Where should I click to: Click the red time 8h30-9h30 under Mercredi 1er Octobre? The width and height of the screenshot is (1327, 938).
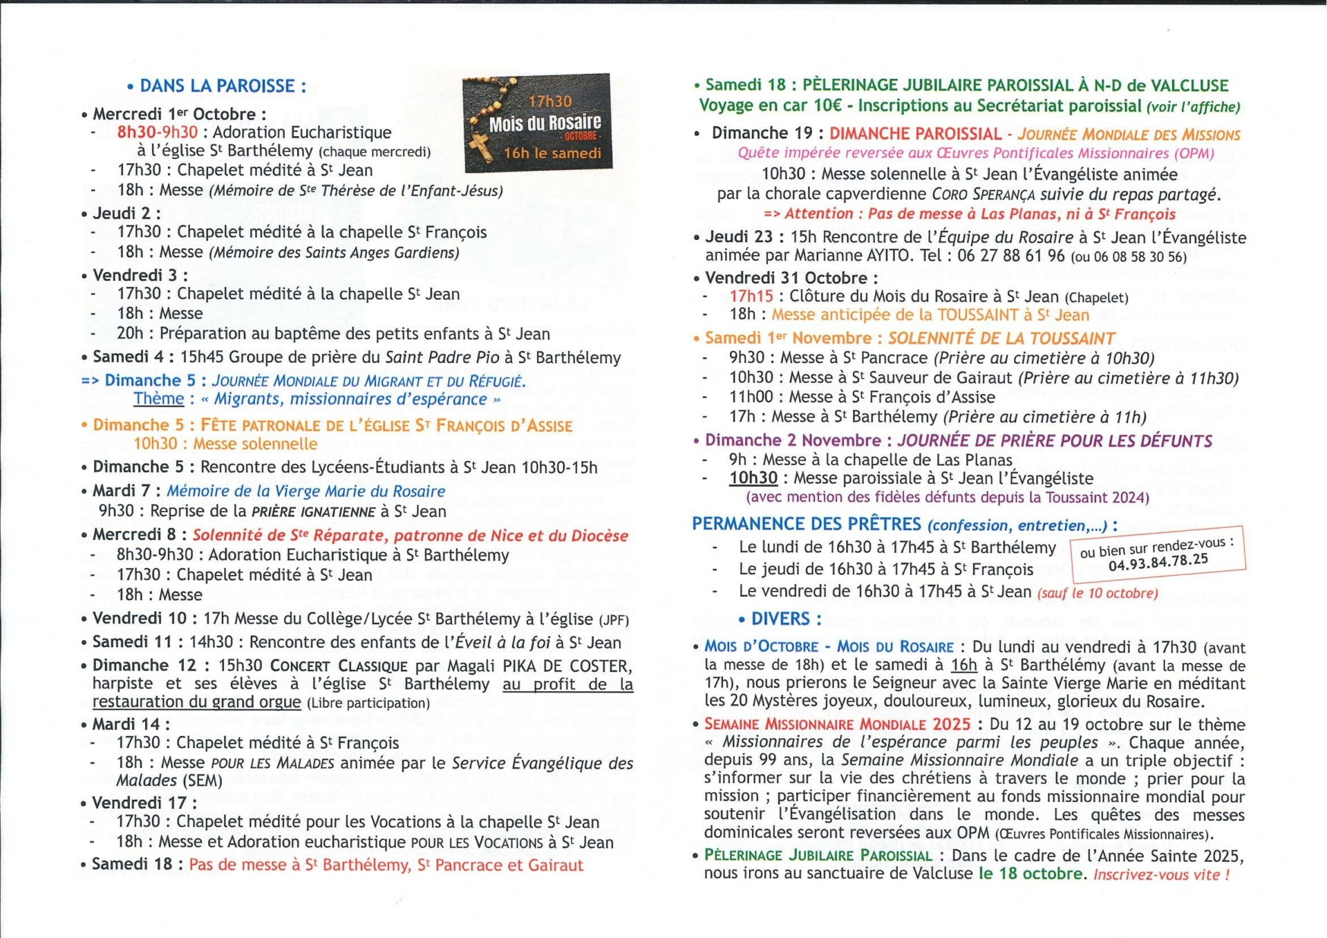coord(157,133)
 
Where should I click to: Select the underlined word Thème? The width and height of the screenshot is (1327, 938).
coord(159,399)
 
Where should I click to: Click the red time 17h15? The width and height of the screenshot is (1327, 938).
coord(751,297)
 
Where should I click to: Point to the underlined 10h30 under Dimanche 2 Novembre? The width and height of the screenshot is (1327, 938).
coord(753,478)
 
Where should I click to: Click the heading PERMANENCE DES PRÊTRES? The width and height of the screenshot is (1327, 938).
coord(807,525)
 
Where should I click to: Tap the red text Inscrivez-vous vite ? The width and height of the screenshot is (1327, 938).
coord(1161,874)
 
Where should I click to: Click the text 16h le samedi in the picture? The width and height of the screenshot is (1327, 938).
coord(552,153)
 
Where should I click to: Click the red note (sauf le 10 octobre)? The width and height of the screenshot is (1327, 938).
coord(1097,593)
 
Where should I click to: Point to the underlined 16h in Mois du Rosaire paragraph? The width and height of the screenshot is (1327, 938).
coord(963,666)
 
